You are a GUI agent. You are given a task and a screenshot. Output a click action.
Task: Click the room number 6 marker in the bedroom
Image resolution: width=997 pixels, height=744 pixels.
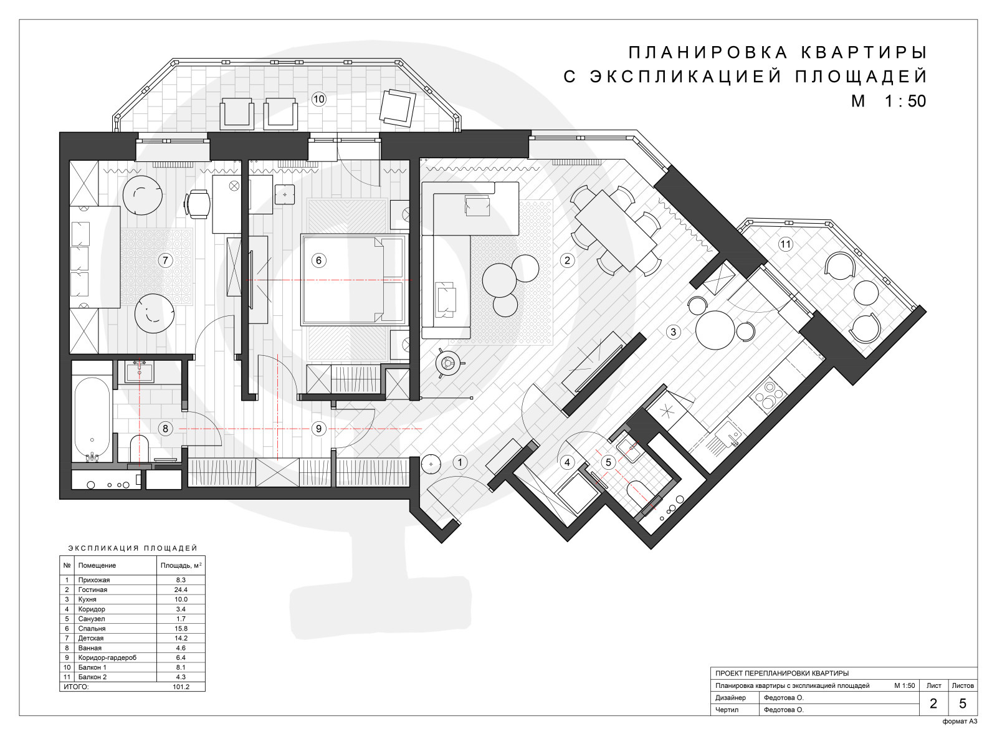click(x=318, y=260)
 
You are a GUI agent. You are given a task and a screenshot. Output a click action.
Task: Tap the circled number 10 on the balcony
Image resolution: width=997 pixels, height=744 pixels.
click(x=318, y=99)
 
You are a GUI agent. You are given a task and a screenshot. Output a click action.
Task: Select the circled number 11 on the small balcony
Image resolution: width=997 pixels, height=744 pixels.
click(x=785, y=244)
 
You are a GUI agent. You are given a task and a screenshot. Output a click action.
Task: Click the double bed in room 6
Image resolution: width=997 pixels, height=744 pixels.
click(x=353, y=280)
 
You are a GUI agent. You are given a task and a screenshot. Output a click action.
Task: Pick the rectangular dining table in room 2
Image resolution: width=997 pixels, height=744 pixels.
click(x=616, y=230)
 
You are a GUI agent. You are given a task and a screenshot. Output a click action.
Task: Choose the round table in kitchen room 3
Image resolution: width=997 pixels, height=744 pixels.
click(x=715, y=330)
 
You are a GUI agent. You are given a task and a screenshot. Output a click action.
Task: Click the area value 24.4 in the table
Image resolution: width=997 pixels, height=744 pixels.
click(x=180, y=590)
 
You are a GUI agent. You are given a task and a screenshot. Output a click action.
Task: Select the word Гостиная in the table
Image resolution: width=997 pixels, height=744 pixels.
click(x=93, y=590)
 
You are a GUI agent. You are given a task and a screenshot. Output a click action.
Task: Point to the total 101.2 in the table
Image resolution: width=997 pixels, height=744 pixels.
click(x=181, y=687)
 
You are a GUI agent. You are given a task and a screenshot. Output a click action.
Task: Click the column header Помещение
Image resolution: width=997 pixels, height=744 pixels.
click(x=97, y=566)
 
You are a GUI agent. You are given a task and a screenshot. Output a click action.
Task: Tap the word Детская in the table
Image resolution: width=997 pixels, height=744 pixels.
click(x=91, y=638)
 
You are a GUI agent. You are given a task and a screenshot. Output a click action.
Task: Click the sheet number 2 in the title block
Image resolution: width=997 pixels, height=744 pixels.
click(x=933, y=703)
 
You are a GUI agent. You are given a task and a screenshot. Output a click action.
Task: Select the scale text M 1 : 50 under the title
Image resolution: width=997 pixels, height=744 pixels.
click(x=889, y=101)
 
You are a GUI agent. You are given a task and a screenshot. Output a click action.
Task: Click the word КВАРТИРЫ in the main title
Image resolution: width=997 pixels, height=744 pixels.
click(x=863, y=53)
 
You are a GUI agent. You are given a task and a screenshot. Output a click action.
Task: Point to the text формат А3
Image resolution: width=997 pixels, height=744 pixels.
click(x=960, y=722)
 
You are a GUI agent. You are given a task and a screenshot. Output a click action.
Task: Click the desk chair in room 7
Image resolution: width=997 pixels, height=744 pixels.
click(x=198, y=204)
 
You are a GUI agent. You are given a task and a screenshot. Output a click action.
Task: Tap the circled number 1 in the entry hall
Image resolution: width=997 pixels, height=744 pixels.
click(x=460, y=463)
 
